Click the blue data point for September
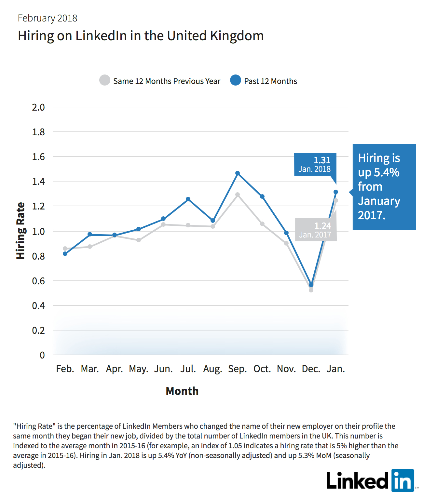[x=237, y=173]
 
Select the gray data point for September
[x=237, y=195]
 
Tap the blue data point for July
[x=188, y=199]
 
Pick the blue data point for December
[x=311, y=285]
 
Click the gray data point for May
[x=139, y=240]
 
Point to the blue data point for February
[x=65, y=254]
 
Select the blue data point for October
[x=262, y=196]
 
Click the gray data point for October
[x=262, y=224]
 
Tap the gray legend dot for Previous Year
[x=105, y=80]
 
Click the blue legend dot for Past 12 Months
[x=235, y=80]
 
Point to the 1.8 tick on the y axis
[x=38, y=132]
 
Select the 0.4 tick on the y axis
[x=38, y=306]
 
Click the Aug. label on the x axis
[x=212, y=369]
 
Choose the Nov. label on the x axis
[x=286, y=369]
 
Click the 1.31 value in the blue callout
[x=322, y=160]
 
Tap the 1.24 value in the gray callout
[x=322, y=226]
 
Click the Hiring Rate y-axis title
[x=20, y=231]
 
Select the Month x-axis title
[x=182, y=391]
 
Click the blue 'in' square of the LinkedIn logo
[x=403, y=480]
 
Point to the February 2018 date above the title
[x=47, y=18]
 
